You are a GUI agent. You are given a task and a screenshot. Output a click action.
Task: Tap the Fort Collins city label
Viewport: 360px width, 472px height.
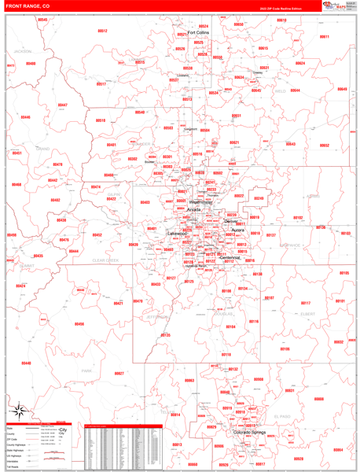tap(198, 33)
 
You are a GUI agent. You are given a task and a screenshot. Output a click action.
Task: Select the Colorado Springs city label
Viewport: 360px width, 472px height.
tap(250, 432)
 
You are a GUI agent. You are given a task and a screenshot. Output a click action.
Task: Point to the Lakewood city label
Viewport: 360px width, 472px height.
tap(177, 234)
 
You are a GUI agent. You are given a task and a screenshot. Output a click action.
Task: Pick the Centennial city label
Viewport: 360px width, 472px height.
tap(230, 257)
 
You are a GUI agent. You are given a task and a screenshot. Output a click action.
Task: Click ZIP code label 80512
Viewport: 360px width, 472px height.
tap(103, 31)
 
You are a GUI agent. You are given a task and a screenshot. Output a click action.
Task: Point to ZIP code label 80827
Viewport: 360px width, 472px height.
tap(119, 374)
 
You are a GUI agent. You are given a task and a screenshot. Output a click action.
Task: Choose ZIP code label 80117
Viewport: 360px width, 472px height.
tap(306, 303)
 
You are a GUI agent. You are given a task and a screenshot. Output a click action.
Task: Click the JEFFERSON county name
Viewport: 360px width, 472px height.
tap(158, 317)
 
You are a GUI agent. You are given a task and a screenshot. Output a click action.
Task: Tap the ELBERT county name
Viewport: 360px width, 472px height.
tap(307, 314)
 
